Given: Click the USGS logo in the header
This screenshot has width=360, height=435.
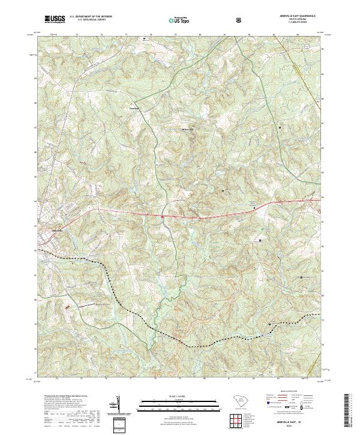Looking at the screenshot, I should click(55, 20).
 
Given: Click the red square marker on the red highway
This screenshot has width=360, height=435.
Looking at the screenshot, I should click(163, 216).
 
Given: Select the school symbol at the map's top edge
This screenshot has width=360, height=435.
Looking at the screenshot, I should click(144, 39).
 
